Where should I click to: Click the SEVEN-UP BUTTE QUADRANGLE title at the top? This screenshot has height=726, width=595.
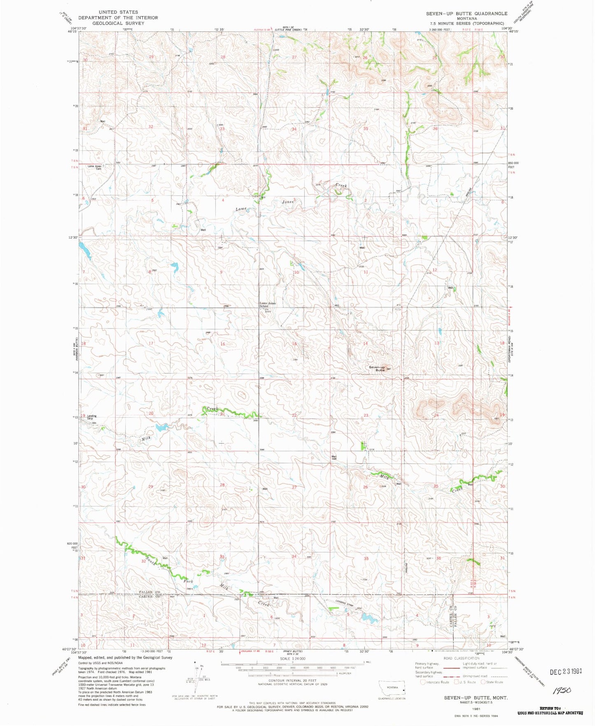click(x=467, y=14)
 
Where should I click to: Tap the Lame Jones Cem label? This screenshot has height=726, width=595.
click(x=95, y=167)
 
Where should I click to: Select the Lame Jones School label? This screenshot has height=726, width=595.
click(x=268, y=304)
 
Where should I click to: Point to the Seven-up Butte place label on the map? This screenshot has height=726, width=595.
click(x=377, y=368)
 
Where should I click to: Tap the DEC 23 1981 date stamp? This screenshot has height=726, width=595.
click(x=566, y=671)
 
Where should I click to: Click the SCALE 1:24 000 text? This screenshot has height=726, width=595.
click(x=292, y=659)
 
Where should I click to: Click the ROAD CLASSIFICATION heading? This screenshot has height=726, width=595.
click(x=461, y=658)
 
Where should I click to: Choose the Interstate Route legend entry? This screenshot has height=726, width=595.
click(x=435, y=682)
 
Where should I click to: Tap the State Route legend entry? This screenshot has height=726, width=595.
click(x=492, y=682)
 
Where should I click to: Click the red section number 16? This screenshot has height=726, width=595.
click(x=223, y=344)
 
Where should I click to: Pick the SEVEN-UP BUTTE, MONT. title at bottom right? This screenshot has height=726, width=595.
click(x=476, y=698)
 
